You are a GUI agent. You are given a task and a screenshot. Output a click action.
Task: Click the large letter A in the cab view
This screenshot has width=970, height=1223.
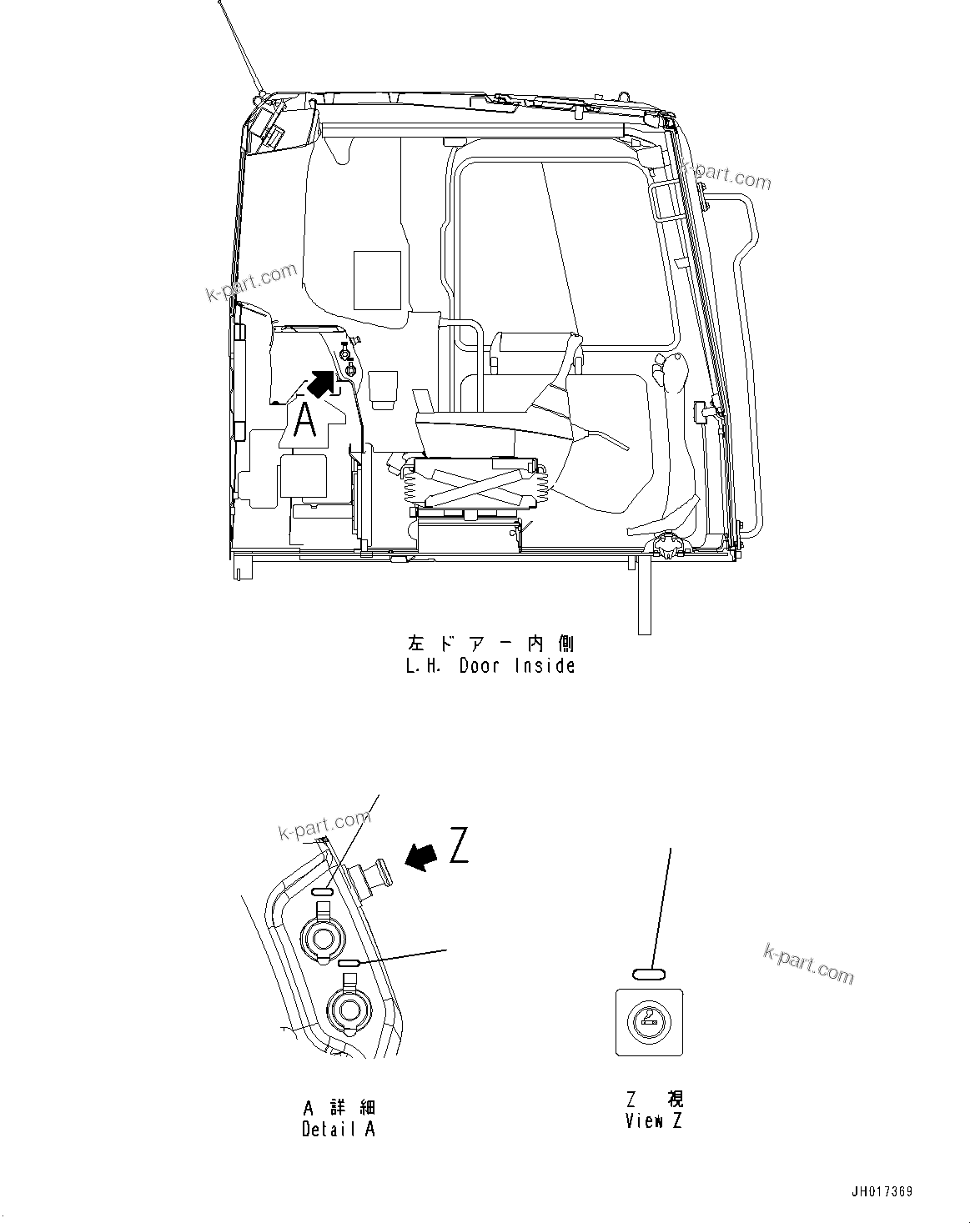pyautogui.click(x=306, y=420)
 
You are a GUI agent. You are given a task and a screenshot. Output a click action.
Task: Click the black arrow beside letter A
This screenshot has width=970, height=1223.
pyautogui.click(x=324, y=383)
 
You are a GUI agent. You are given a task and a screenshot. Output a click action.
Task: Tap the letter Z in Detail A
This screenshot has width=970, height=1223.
pyautogui.click(x=459, y=845)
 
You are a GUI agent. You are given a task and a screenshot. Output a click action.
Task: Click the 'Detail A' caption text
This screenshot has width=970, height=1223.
pyautogui.click(x=338, y=1129)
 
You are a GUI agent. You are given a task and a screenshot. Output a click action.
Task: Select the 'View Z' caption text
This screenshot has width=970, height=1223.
pyautogui.click(x=654, y=1120)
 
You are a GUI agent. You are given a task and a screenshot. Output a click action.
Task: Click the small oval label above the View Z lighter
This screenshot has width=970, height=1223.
pyautogui.click(x=649, y=973)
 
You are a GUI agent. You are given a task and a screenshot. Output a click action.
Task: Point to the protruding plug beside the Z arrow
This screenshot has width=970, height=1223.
pyautogui.click(x=372, y=871)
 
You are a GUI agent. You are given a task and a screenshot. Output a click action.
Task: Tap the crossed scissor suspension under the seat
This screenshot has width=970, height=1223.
pyautogui.click(x=474, y=485)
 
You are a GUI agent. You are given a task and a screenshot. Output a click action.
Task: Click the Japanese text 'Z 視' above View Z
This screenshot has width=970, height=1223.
pyautogui.click(x=654, y=1100)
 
